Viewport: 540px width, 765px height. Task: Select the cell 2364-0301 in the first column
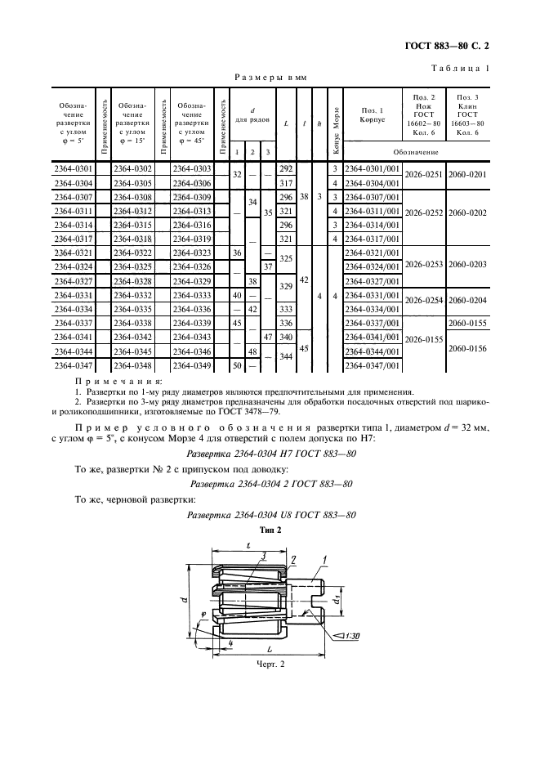pos(73,168)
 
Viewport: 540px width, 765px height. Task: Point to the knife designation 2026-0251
pos(423,175)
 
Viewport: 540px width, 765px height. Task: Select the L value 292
pos(286,168)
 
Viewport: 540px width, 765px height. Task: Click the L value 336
pos(286,322)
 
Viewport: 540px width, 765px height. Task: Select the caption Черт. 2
pos(270,664)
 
